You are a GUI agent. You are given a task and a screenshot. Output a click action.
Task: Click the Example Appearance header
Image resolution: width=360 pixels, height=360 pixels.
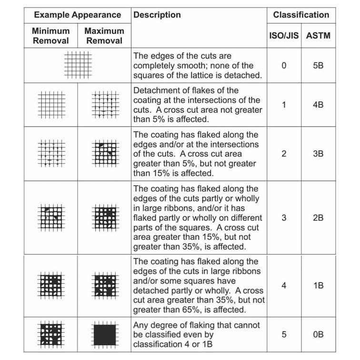77,15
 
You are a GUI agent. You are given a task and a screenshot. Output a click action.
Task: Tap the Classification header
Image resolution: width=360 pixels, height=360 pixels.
301,15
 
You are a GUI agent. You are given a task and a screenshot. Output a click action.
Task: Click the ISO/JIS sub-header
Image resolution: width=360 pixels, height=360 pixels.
284,35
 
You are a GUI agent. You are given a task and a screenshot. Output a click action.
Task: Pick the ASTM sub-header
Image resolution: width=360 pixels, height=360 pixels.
318,35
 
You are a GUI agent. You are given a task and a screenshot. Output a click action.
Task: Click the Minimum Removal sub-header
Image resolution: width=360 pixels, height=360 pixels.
50,35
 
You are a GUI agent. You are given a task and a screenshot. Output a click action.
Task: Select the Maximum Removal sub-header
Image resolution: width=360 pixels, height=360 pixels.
104,35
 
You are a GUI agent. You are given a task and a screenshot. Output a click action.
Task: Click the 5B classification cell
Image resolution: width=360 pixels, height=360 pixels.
318,65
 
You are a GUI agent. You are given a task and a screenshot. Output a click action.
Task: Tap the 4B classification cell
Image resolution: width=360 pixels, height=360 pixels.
318,104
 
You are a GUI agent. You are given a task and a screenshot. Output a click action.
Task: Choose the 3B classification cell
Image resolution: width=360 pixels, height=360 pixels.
318,154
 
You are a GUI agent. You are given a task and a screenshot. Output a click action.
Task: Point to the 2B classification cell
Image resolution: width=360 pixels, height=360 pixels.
318,218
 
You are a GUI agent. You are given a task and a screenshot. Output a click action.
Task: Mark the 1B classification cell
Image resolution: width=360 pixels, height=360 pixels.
318,286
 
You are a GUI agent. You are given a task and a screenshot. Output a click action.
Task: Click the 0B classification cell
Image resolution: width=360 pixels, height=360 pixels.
318,334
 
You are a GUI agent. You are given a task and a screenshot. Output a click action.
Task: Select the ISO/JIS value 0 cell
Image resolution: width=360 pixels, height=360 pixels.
284,65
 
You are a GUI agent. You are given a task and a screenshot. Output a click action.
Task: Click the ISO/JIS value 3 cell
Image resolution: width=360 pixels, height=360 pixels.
284,218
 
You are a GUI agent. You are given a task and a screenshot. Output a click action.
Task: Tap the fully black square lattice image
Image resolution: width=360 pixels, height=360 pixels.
105,334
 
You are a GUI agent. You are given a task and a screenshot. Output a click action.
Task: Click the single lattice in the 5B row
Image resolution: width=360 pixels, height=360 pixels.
78,65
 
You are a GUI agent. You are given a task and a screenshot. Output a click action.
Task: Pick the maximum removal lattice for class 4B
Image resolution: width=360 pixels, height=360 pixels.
105,104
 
